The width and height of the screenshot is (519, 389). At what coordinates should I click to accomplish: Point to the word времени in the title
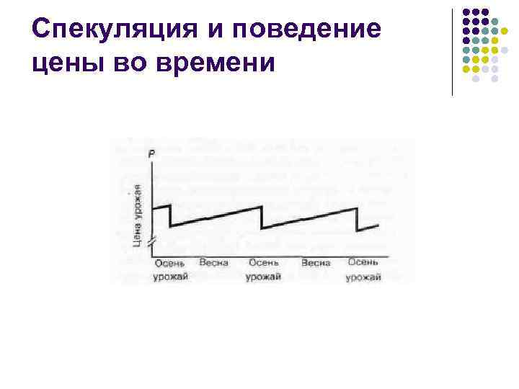[x=217, y=63]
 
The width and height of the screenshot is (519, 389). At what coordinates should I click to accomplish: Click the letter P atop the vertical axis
[x=151, y=153]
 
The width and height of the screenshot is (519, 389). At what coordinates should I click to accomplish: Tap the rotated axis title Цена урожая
[x=137, y=215]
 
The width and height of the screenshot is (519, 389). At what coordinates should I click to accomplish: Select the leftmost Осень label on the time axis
[x=170, y=264]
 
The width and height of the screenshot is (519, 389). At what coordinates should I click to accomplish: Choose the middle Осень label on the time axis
[x=263, y=264]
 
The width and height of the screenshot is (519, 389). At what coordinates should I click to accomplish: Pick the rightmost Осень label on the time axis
[x=363, y=264]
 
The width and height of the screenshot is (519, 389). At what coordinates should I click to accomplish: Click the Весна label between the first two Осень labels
[x=214, y=264]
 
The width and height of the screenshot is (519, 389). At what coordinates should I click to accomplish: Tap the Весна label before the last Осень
[x=316, y=264]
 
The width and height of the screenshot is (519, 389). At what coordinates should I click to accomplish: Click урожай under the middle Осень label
[x=263, y=278]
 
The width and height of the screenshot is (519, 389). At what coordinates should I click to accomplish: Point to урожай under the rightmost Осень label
[x=363, y=278]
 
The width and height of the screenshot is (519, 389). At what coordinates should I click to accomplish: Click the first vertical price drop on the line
[x=170, y=215]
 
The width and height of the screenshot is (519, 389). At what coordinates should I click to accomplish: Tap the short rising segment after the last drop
[x=368, y=228]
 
